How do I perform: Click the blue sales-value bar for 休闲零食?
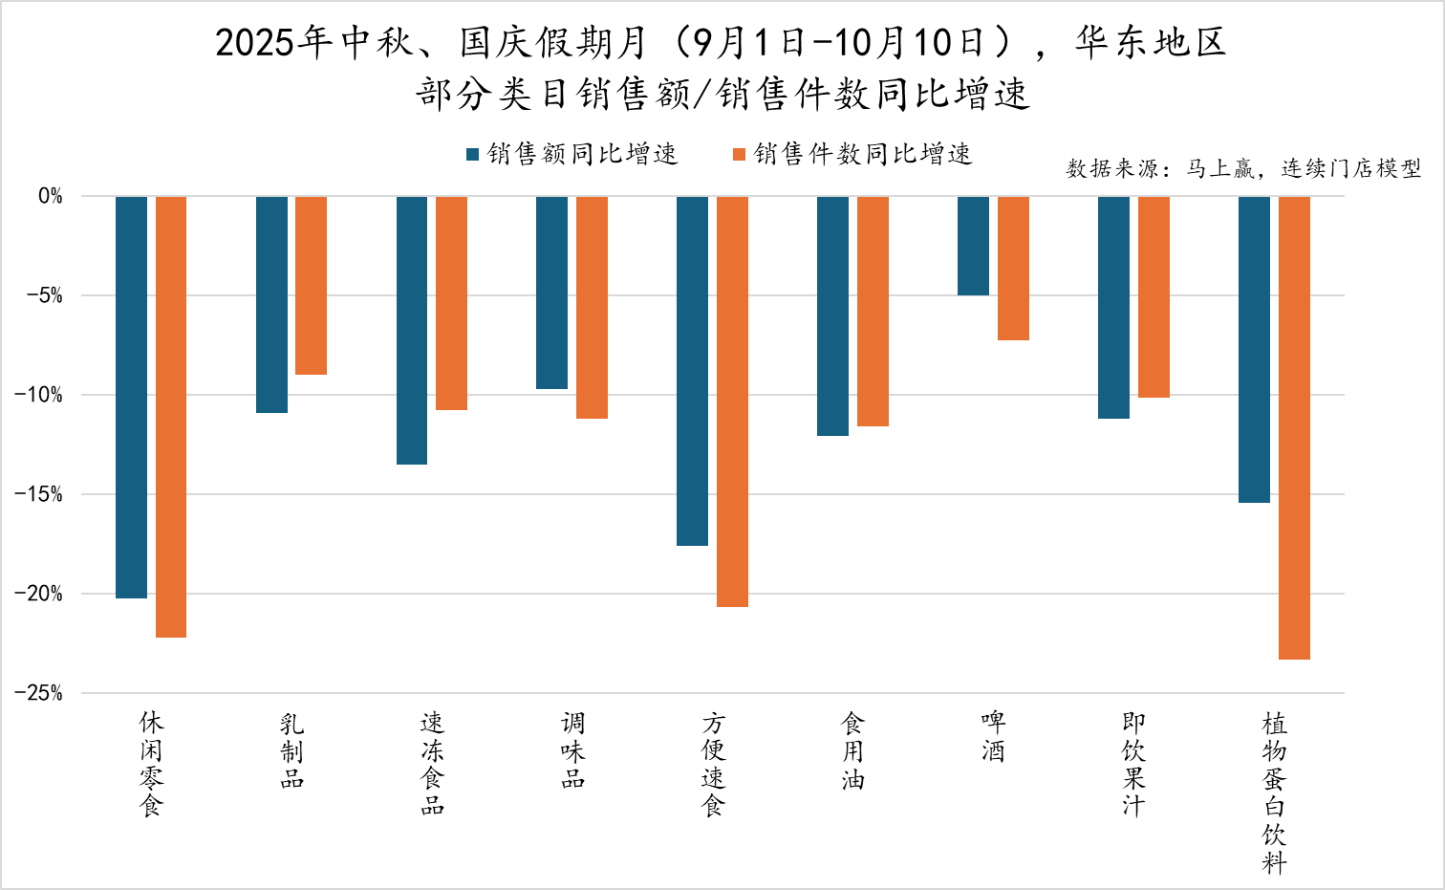coord(131,397)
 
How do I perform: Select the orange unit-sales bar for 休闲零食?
coord(171,416)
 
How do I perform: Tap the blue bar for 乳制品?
coord(271,304)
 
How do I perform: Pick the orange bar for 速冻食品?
coord(451,303)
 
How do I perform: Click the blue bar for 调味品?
coord(551,293)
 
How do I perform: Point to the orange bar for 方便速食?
coord(732,402)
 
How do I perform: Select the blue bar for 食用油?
coord(832,315)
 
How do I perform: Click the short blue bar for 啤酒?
coord(973,246)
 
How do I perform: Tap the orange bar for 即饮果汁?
coord(1154,296)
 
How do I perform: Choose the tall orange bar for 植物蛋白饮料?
coord(1294,427)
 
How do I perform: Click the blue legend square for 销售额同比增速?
coord(472,154)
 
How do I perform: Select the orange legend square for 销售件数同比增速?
coord(739,154)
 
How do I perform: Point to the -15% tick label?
coord(38,494)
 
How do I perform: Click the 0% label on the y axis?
coord(50,196)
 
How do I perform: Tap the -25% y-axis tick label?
coord(38,693)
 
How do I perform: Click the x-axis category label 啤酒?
coord(993,736)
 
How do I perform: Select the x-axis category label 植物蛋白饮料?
coord(1274,792)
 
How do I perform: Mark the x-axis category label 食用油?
coord(852,750)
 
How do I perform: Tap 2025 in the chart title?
coord(254,43)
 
